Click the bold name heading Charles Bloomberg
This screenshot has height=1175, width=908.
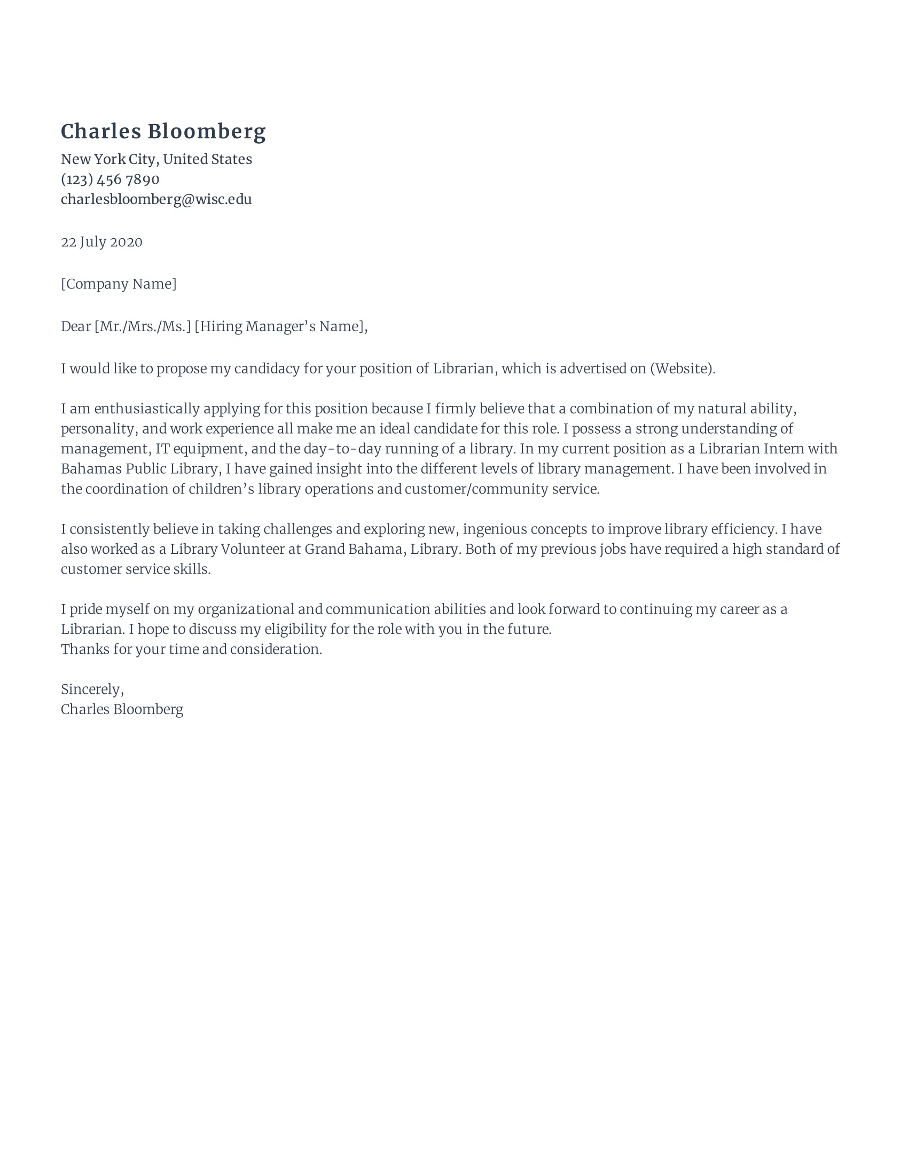coord(163,132)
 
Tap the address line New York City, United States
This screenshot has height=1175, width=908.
coord(156,159)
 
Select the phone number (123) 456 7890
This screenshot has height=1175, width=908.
coord(109,179)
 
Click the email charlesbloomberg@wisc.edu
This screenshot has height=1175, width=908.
coord(156,199)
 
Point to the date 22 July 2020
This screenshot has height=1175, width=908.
coord(101,241)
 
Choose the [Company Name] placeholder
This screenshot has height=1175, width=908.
coord(119,284)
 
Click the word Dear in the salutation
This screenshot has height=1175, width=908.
coord(76,326)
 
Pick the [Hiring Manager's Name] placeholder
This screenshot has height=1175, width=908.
coord(280,326)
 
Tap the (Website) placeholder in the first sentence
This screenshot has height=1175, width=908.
coord(682,369)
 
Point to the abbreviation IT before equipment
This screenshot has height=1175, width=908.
coord(162,449)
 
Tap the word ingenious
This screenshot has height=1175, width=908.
coord(495,529)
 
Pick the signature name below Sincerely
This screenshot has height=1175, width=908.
coord(122,709)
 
